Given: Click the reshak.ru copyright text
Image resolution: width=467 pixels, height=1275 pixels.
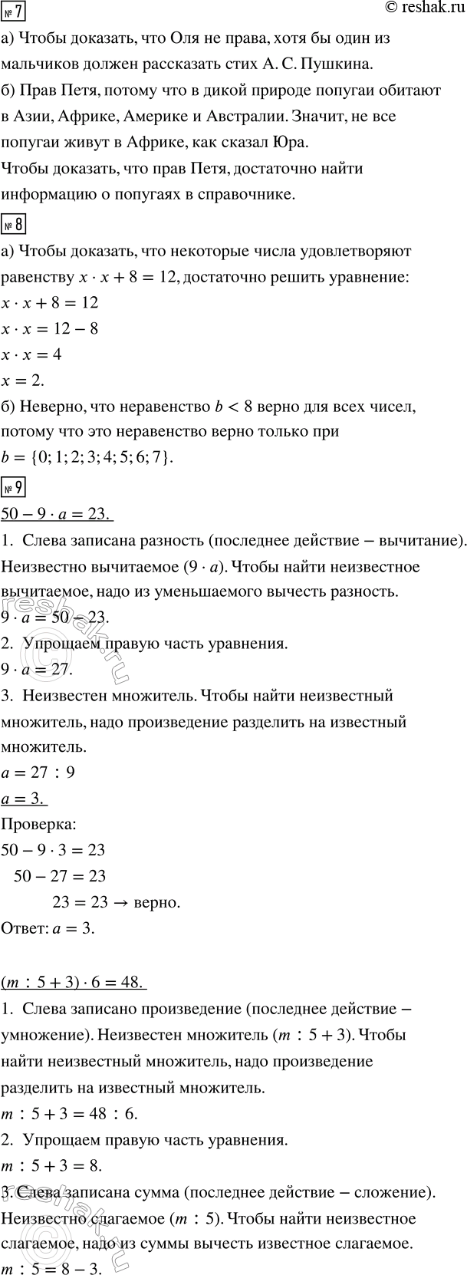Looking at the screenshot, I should click(x=421, y=9).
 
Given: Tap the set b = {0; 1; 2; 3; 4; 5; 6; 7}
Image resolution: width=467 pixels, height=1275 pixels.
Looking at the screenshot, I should click(x=87, y=458).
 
